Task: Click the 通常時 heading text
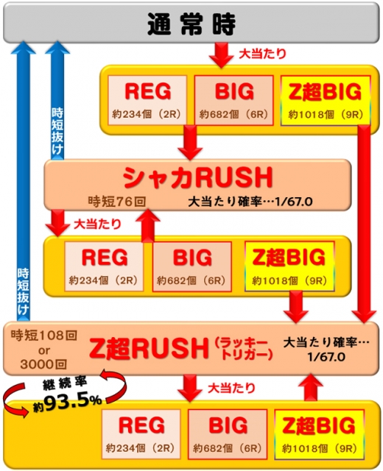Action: pos(191,24)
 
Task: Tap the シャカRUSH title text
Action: pos(197,177)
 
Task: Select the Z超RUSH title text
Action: pos(149,348)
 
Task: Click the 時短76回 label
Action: pos(117,201)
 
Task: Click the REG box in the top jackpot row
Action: pos(147,100)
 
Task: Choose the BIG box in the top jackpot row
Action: pos(234,100)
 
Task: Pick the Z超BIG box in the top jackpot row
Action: pos(326,100)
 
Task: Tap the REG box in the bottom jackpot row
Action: pos(141,434)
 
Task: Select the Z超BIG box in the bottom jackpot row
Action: pos(319,434)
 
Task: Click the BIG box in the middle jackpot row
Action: pos(191,266)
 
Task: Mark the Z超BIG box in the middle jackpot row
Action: pos(289,266)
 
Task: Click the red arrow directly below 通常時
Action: pos(221,55)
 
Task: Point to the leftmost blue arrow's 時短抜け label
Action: pos(23,291)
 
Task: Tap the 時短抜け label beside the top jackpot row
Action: pos(57,131)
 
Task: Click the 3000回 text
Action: pos(43,364)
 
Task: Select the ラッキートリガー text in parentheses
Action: pos(244,348)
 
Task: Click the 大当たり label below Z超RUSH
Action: pos(231,389)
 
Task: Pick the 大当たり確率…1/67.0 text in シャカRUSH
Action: pos(250,202)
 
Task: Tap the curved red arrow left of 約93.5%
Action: pos(16,400)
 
